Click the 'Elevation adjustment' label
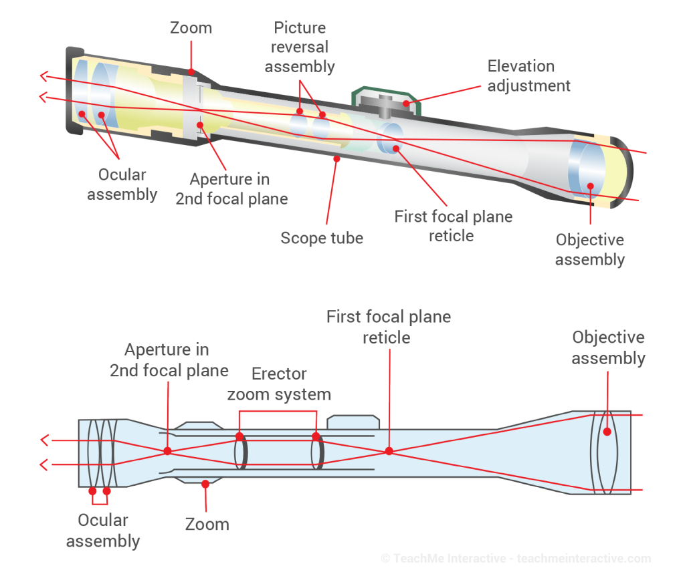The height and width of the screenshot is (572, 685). [x=528, y=76]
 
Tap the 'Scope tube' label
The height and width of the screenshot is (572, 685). [x=322, y=238]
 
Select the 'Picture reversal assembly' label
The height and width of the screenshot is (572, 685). [x=300, y=47]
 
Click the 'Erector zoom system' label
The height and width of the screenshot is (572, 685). [x=279, y=384]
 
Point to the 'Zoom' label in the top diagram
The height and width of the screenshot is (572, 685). [x=191, y=28]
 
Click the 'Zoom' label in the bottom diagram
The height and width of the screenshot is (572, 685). [x=207, y=524]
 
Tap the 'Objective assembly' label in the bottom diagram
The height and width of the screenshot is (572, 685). [x=608, y=347]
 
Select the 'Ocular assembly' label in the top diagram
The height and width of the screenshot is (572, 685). [x=122, y=184]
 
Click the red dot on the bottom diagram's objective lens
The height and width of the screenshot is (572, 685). [x=607, y=431]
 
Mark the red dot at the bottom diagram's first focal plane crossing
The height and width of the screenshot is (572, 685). [x=388, y=452]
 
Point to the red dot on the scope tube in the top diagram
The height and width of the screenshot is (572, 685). [x=336, y=158]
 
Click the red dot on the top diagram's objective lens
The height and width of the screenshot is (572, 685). [x=590, y=186]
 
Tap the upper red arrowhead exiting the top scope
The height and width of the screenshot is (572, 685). [x=43, y=76]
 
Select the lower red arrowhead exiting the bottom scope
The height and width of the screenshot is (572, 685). [x=44, y=464]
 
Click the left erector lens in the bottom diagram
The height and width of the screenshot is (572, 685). [x=241, y=452]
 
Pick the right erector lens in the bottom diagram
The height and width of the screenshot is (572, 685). [x=318, y=452]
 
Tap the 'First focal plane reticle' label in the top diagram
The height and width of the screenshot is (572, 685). [x=453, y=226]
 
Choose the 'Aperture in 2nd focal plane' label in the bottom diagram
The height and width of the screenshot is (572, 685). [x=169, y=360]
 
